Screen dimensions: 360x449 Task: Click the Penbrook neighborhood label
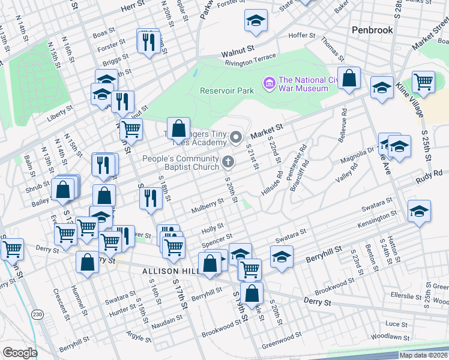[372, 29]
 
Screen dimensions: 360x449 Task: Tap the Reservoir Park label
[226, 91]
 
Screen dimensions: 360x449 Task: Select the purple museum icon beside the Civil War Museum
[270, 82]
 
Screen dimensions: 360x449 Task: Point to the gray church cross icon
[228, 161]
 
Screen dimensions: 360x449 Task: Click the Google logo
[19, 353]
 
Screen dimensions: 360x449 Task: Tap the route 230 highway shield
[38, 314]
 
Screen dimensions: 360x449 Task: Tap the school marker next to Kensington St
[419, 211]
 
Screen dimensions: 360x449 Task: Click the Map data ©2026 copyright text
[424, 355]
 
